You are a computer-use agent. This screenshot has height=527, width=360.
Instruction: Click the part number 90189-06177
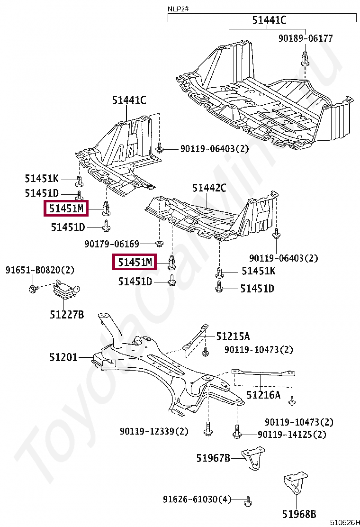point(306,38)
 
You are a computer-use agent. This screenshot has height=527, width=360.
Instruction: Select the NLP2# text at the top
point(177,9)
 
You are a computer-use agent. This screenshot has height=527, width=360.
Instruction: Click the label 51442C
point(209,188)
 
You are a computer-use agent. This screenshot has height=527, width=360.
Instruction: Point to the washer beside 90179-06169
point(160,244)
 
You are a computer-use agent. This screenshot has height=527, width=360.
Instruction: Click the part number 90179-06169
point(112,244)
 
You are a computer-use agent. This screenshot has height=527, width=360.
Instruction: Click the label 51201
point(63,357)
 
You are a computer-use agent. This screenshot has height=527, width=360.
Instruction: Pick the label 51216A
point(263,394)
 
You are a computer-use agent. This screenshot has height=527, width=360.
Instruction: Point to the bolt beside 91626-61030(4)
point(247,500)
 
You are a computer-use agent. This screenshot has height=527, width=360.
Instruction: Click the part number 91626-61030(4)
point(198,500)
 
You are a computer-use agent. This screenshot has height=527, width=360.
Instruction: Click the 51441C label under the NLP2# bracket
point(269,20)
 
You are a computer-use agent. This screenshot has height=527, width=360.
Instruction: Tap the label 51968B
point(299,514)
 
